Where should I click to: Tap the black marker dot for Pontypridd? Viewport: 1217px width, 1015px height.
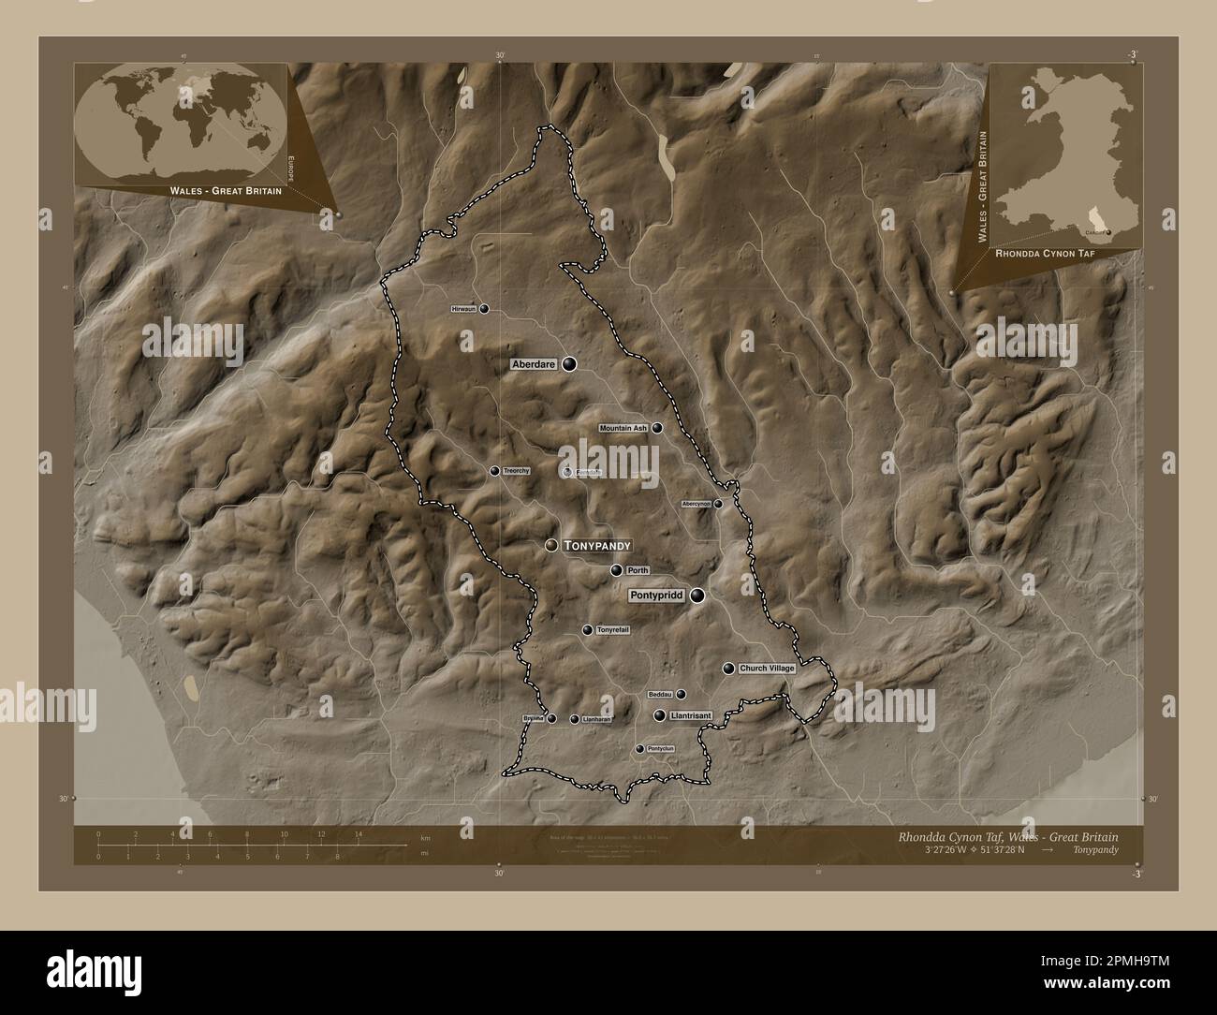[697, 595]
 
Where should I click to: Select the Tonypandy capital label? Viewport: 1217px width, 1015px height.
[597, 545]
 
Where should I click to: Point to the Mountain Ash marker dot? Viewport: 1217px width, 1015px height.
[657, 428]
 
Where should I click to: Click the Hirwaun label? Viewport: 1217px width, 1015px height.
[463, 308]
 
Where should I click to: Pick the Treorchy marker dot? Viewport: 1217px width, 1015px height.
[494, 471]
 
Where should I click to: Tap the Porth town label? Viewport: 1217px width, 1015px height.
[638, 570]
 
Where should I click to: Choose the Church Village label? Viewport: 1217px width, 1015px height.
[767, 669]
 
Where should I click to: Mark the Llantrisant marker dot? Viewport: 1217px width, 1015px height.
[660, 715]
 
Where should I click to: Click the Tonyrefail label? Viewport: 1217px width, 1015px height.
[612, 630]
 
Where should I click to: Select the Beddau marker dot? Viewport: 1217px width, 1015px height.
[681, 695]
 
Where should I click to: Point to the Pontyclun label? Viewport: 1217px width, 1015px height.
[661, 749]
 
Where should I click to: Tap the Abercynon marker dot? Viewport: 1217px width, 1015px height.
[718, 504]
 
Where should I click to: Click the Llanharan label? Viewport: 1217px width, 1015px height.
[596, 719]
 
